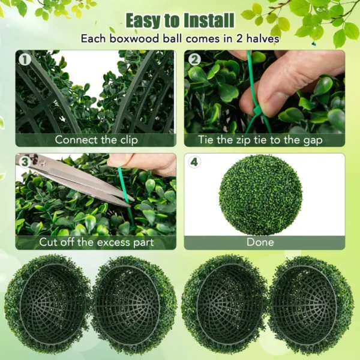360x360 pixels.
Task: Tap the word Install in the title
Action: pos(203,20)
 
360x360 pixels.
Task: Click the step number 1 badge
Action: pos(25,59)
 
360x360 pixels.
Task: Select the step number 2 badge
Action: pos(194,59)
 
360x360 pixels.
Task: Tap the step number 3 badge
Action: pos(25,161)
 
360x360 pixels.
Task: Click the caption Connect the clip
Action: pos(96,140)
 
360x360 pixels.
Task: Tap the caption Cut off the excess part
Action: pos(96,242)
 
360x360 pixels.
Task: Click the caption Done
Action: pos(260,242)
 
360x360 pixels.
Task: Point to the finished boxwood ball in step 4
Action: pos(260,194)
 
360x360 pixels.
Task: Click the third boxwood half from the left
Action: pos(224,303)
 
